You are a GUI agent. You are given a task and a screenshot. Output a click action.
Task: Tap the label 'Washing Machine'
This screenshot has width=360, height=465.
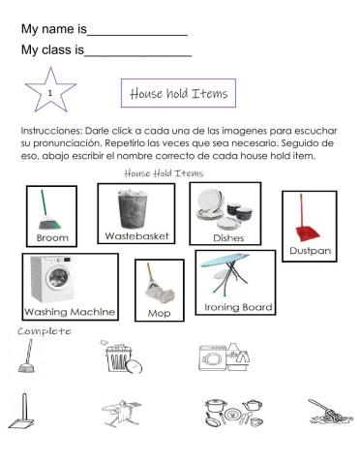[x=70, y=312]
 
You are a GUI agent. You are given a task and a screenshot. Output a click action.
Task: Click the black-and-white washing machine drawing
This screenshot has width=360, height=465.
[x=224, y=356]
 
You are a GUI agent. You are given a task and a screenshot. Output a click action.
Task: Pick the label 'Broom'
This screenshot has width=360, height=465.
[x=52, y=237]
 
